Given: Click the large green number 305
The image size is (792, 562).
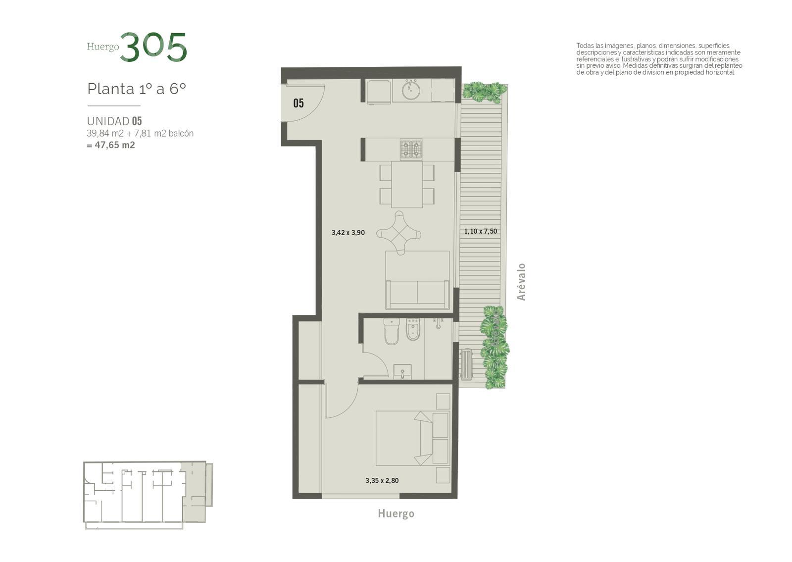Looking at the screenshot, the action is (153, 47).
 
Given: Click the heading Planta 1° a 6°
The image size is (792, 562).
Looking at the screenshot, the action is (137, 89).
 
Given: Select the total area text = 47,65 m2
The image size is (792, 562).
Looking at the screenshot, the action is (111, 145).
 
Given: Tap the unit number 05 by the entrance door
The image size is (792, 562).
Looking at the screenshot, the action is (298, 103).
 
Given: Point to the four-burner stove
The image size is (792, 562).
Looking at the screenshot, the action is (411, 149).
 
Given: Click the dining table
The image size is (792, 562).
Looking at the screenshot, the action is (406, 184).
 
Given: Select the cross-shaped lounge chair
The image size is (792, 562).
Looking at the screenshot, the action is (399, 233).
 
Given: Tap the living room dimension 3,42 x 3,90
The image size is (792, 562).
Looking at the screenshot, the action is (348, 232).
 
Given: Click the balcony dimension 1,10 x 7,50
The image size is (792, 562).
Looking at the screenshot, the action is (481, 231).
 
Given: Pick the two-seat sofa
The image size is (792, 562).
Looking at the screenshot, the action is (417, 294).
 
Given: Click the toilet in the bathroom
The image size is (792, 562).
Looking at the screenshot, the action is (392, 331).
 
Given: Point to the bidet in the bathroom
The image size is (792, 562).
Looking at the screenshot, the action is (413, 330).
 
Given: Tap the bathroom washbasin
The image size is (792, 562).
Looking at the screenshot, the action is (402, 372).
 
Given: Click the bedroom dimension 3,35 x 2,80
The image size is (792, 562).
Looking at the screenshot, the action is (382, 481).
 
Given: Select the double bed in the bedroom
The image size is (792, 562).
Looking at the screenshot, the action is (412, 438).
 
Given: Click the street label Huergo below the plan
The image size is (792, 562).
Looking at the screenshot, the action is (396, 513).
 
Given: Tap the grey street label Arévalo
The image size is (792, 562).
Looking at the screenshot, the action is (521, 282).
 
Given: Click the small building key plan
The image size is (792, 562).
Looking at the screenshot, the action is (148, 495).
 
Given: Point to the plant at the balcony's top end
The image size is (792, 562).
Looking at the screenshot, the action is (483, 91).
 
